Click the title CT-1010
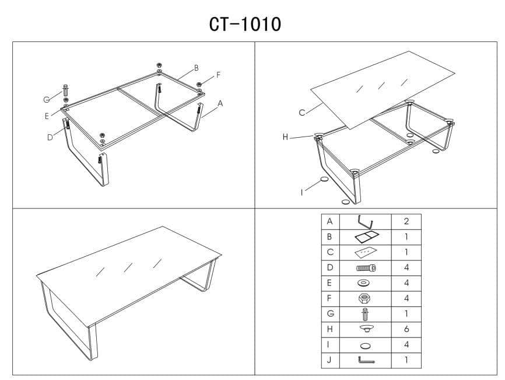click(245, 24)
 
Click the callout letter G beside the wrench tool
click(47, 100)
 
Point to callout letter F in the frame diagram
click(218, 75)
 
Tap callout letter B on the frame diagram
click(196, 68)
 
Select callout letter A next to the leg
click(220, 103)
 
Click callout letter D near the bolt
click(50, 138)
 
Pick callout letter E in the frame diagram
click(47, 116)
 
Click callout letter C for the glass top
click(302, 113)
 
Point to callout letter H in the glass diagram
click(285, 137)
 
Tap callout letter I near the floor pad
click(302, 193)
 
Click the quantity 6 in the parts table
click(406, 329)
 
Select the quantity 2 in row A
click(406, 221)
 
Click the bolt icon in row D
click(366, 268)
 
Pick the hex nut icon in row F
click(364, 298)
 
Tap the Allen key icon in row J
click(366, 360)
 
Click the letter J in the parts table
click(329, 360)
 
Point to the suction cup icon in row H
click(367, 329)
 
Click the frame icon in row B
click(367, 237)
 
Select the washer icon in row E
click(364, 283)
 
